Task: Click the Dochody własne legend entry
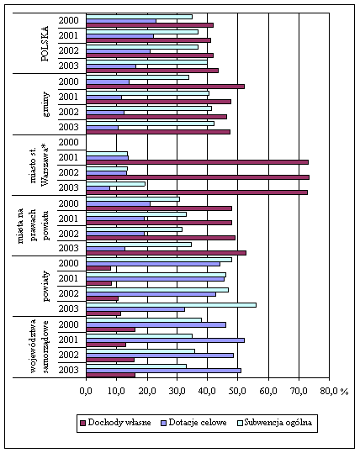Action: [115, 423]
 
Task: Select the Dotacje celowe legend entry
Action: [193, 423]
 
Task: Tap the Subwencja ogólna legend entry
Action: [275, 423]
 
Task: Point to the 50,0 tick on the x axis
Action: [237, 391]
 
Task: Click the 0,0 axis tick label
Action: [86, 391]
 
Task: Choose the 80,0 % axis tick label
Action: [334, 391]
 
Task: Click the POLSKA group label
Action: [45, 44]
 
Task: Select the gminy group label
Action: [45, 104]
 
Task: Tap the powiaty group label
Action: [45, 287]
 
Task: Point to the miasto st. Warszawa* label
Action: [39, 166]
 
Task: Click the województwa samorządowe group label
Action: [39, 346]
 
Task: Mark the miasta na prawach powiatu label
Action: [33, 225]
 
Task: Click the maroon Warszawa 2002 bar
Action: [198, 177]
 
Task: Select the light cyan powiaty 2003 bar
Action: [172, 305]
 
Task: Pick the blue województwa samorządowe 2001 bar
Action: [166, 340]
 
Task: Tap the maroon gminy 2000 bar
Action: [166, 87]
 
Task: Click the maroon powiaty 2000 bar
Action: [98, 268]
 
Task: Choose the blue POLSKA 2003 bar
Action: [111, 66]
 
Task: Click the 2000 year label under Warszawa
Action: [68, 142]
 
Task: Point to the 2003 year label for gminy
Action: [68, 127]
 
